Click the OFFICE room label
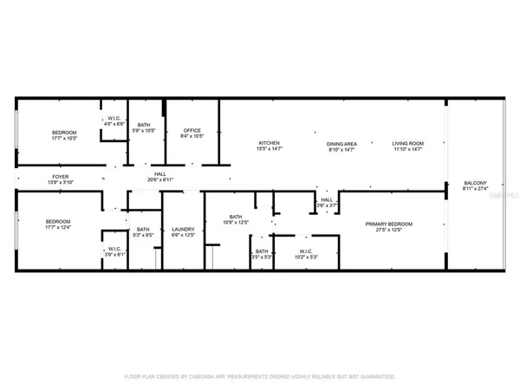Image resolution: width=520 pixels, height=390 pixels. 192,130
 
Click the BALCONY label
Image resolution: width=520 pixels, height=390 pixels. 459,183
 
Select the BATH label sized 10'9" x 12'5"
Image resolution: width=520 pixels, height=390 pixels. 235,218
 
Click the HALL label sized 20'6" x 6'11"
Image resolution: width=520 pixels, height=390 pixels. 160,174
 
